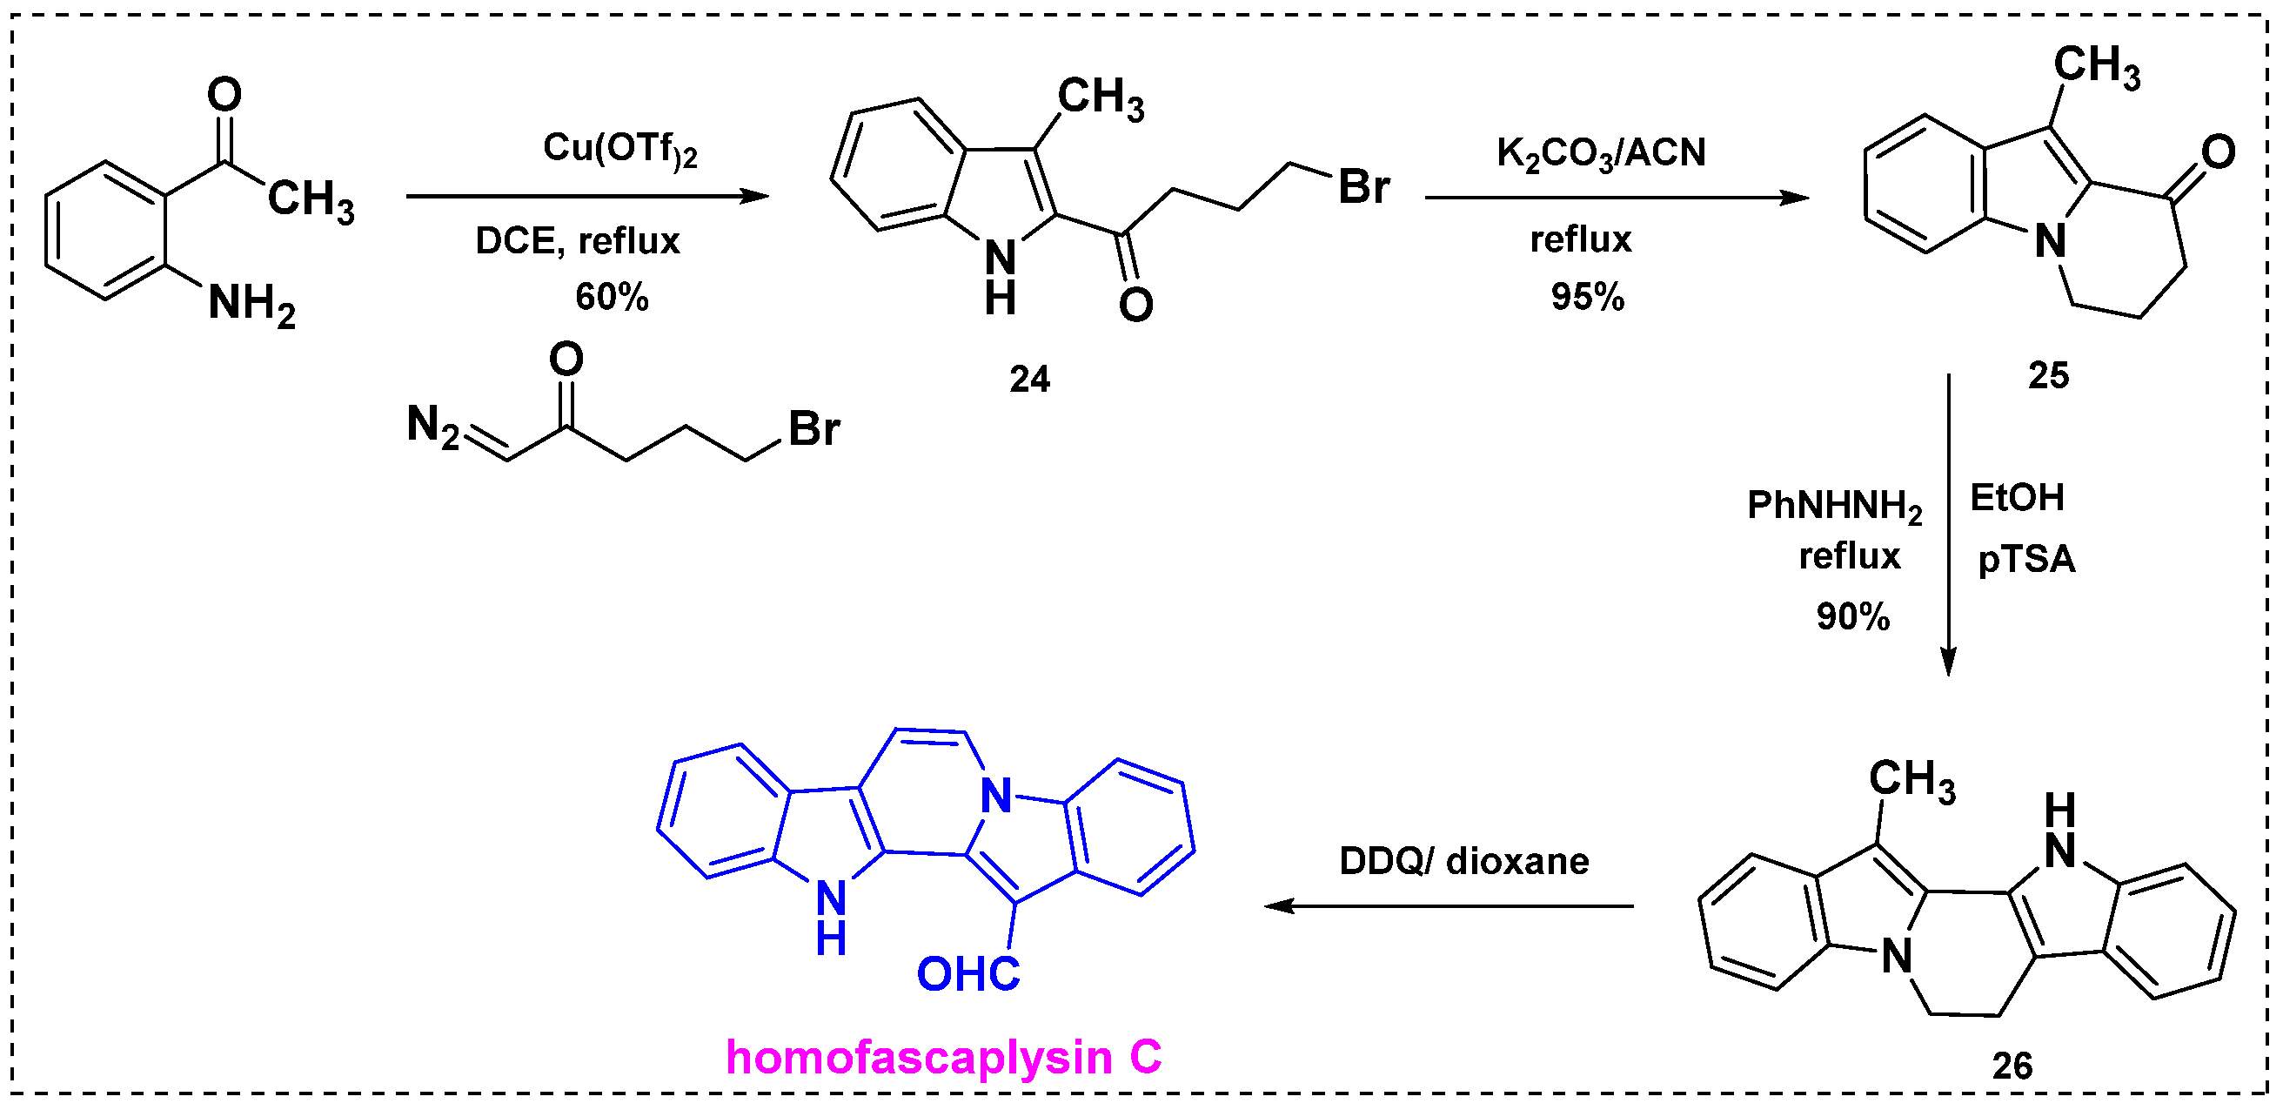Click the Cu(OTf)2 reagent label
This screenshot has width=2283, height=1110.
click(619, 149)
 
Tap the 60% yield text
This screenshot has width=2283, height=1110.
click(612, 297)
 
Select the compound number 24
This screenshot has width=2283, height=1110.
click(1029, 380)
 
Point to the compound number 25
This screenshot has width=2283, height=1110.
click(2047, 376)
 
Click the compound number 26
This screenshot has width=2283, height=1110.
click(2012, 1066)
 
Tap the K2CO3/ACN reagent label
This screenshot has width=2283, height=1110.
click(1601, 153)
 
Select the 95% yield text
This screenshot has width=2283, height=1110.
click(1586, 297)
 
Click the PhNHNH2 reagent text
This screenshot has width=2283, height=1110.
click(1834, 506)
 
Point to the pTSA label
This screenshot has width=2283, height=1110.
click(2026, 560)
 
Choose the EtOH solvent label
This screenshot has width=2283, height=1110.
click(2017, 498)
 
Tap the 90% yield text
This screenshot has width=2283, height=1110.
click(1852, 617)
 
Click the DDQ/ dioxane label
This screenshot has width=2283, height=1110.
click(1464, 862)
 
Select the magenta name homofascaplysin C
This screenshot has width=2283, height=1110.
click(943, 1058)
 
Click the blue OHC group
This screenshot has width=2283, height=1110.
click(967, 974)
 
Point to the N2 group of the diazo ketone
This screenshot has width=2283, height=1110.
click(432, 426)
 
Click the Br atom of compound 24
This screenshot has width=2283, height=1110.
click(1363, 187)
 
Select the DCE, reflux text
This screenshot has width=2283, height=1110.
click(577, 241)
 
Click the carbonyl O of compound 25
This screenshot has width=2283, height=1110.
click(2218, 152)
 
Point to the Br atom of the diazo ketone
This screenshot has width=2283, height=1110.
click(813, 430)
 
